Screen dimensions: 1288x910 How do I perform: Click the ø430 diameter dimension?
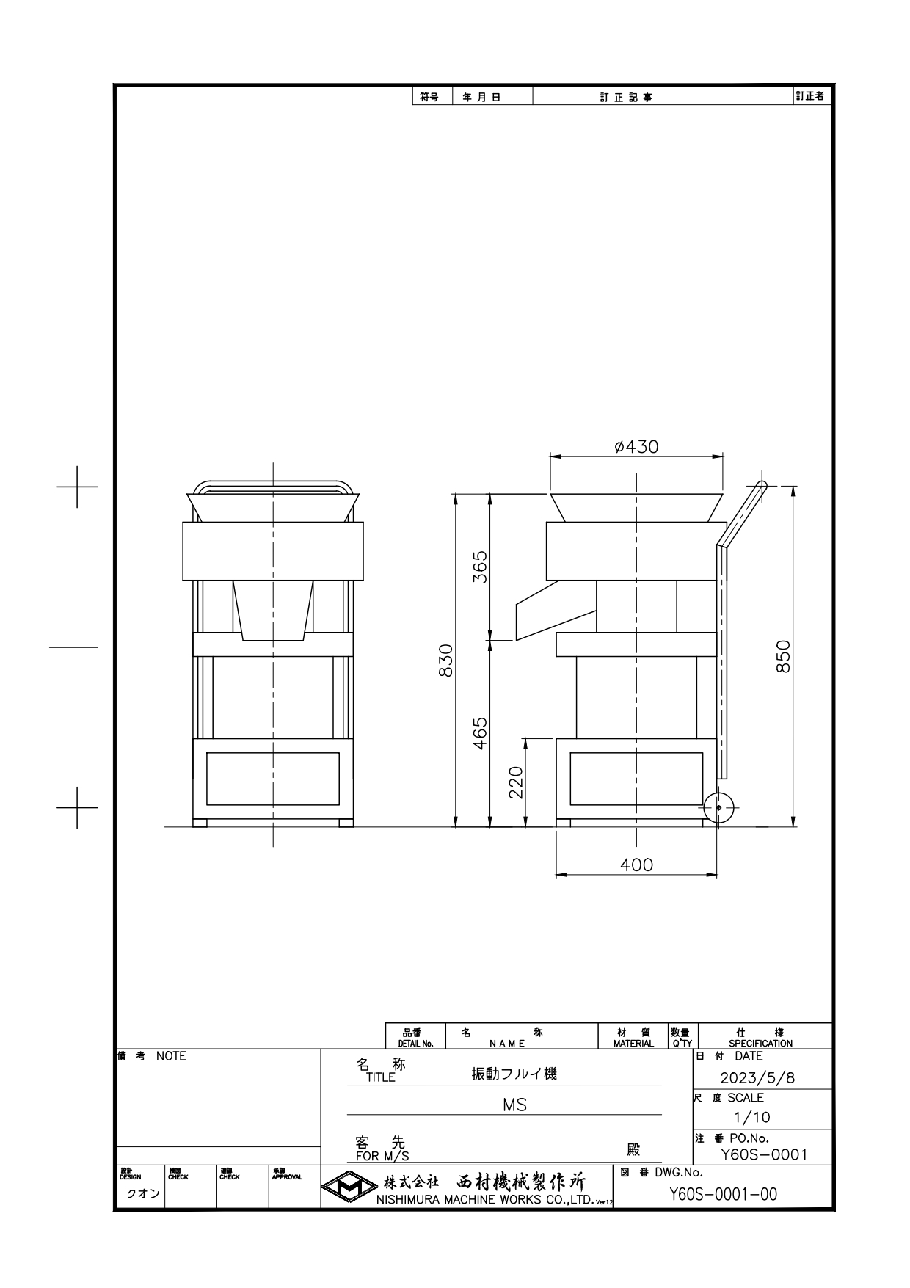636,446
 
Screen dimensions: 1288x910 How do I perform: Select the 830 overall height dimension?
445,660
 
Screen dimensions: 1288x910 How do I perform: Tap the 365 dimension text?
479,567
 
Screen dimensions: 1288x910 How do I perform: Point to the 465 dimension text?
479,732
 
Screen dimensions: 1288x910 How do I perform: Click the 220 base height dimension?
516,782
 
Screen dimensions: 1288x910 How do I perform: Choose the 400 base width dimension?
636,865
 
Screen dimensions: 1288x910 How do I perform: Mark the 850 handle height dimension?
783,656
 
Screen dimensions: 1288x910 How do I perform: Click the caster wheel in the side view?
718,807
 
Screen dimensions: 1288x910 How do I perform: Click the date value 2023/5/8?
757,1077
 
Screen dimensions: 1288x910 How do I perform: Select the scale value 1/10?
752,1117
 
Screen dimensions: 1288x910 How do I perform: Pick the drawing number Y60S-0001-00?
723,1194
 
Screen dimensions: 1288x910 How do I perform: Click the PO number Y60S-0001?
763,1154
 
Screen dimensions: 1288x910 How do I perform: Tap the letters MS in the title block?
514,1105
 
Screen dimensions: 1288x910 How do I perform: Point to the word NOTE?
171,1056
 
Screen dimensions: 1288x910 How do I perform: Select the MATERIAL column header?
633,1043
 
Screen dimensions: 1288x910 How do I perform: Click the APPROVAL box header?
286,1177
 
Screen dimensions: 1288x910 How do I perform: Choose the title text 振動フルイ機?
514,1074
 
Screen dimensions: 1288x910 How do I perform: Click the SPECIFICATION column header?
760,1043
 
